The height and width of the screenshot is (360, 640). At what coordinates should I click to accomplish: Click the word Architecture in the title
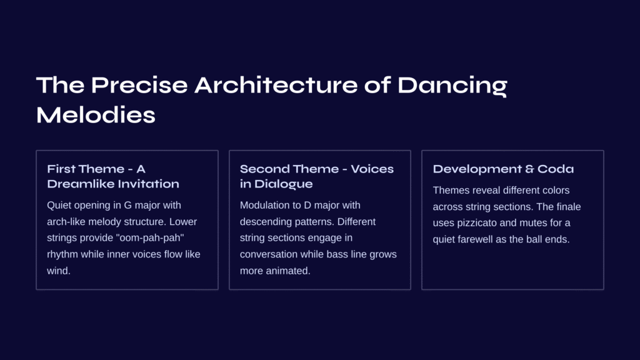(x=276, y=85)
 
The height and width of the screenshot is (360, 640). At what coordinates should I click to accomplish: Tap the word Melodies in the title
(x=96, y=115)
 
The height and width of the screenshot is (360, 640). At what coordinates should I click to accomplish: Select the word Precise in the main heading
(x=139, y=85)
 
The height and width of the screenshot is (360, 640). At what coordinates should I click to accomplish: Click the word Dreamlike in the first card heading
(x=84, y=184)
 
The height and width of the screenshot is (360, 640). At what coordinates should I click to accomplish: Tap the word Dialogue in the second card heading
(x=284, y=184)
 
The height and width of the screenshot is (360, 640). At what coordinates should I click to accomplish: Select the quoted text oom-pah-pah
(x=150, y=238)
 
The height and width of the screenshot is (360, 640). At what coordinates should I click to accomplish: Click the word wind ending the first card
(x=59, y=271)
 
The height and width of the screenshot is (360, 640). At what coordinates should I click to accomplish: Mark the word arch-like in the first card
(x=66, y=222)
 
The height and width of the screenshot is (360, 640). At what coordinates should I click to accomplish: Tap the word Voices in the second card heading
(x=372, y=169)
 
